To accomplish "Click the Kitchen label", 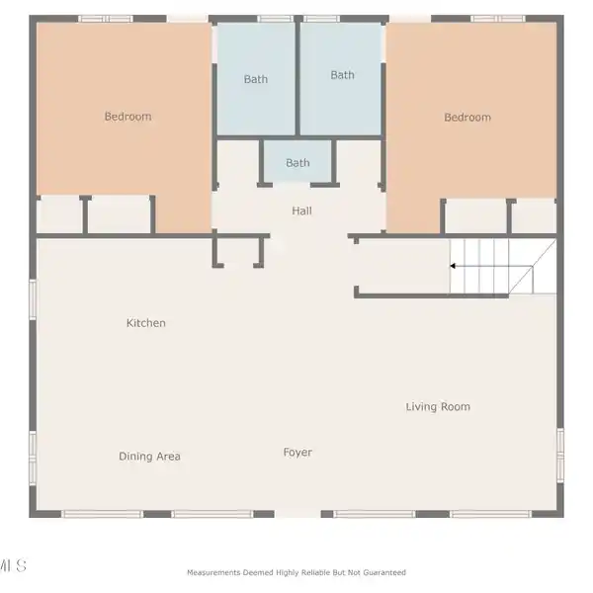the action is tap(146, 323).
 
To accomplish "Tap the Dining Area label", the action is tap(149, 456).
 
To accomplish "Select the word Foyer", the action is tap(297, 453).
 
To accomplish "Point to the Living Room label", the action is tap(438, 406).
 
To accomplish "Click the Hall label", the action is tap(301, 211).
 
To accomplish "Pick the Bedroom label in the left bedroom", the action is tap(127, 116).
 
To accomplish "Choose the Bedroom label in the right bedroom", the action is tap(467, 118).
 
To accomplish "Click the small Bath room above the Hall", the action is tap(297, 161).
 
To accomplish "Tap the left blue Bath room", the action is tap(256, 79).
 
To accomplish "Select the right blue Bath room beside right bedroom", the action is tap(340, 79).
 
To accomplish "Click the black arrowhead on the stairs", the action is tap(453, 266).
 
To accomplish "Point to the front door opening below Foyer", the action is tap(297, 514).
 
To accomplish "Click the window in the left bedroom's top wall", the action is tap(106, 19).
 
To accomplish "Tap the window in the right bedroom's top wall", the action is tap(498, 19).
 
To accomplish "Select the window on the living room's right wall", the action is tap(560, 455).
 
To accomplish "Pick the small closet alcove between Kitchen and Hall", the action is tap(238, 251).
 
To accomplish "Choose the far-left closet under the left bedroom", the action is tap(59, 214).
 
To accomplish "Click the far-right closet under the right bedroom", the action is tap(534, 216).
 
